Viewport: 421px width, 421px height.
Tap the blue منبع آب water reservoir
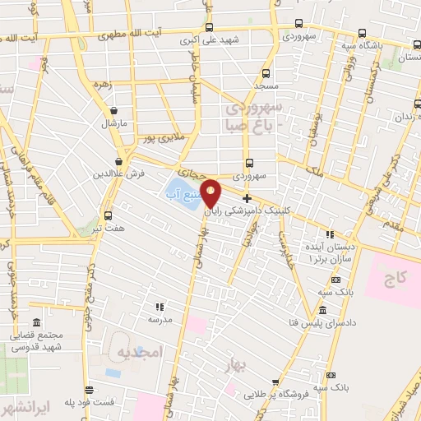pyautogui.click(x=182, y=194)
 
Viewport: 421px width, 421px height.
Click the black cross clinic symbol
pyautogui.click(x=246, y=198)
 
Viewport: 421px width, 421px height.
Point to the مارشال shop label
pyautogui.click(x=111, y=123)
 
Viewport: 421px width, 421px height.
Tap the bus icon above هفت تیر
pyautogui.click(x=109, y=215)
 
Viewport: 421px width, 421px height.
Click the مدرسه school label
pyautogui.click(x=159, y=318)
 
